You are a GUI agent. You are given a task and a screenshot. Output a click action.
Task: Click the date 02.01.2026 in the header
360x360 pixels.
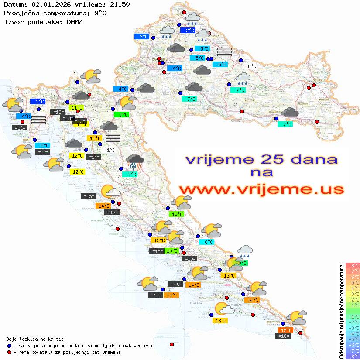(x=49, y=4)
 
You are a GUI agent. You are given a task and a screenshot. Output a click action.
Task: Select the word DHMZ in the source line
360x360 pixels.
(x=74, y=21)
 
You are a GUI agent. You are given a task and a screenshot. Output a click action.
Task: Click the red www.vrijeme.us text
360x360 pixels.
(x=261, y=189)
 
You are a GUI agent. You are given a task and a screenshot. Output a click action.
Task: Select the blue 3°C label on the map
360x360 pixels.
(x=144, y=37)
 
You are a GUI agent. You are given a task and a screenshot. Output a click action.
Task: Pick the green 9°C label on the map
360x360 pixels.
(x=123, y=115)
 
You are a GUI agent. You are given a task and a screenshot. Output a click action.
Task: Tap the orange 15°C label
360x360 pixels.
(x=286, y=330)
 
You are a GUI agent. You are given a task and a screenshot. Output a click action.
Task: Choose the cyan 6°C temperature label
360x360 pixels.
(x=206, y=242)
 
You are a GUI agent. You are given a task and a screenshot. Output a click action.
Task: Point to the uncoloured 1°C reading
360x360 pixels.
(x=111, y=150)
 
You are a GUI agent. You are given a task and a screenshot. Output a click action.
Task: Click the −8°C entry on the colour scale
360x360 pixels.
(x=352, y=356)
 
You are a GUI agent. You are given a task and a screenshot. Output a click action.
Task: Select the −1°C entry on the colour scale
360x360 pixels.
(x=352, y=316)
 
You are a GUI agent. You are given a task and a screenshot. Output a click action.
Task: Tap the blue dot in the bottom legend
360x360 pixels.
(x=10, y=346)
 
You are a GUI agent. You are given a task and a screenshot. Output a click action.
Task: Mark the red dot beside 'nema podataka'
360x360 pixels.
(x=10, y=352)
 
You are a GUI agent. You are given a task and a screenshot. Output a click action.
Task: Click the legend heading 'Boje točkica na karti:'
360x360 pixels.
(x=35, y=339)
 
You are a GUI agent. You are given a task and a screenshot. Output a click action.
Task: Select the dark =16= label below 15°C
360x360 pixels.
(x=284, y=336)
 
